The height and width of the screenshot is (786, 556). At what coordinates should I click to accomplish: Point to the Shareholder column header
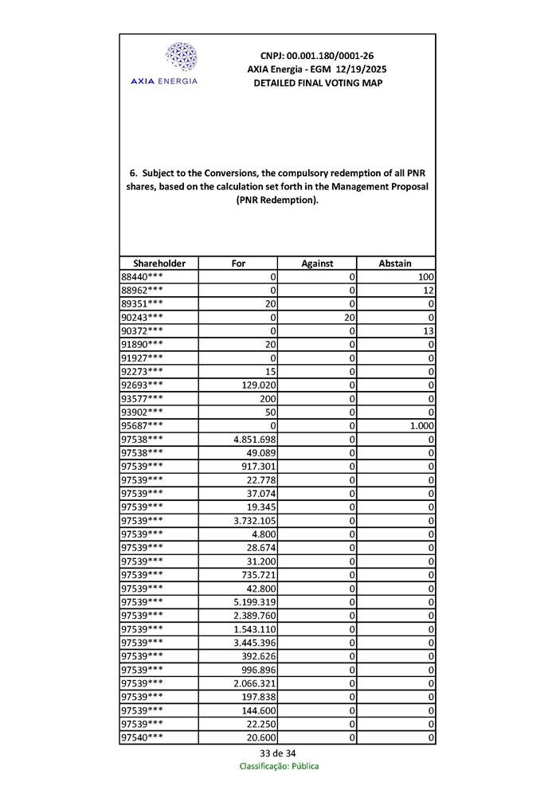[159, 263]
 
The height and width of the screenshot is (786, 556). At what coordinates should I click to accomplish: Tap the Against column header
[317, 263]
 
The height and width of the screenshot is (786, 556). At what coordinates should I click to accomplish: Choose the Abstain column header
[396, 263]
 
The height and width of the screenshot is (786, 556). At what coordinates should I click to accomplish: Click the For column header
[238, 263]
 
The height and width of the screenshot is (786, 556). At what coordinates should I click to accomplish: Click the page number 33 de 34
[278, 753]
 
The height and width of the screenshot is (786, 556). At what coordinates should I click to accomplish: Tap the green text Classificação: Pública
[279, 766]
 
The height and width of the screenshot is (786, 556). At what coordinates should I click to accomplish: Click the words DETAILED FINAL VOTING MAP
[317, 83]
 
